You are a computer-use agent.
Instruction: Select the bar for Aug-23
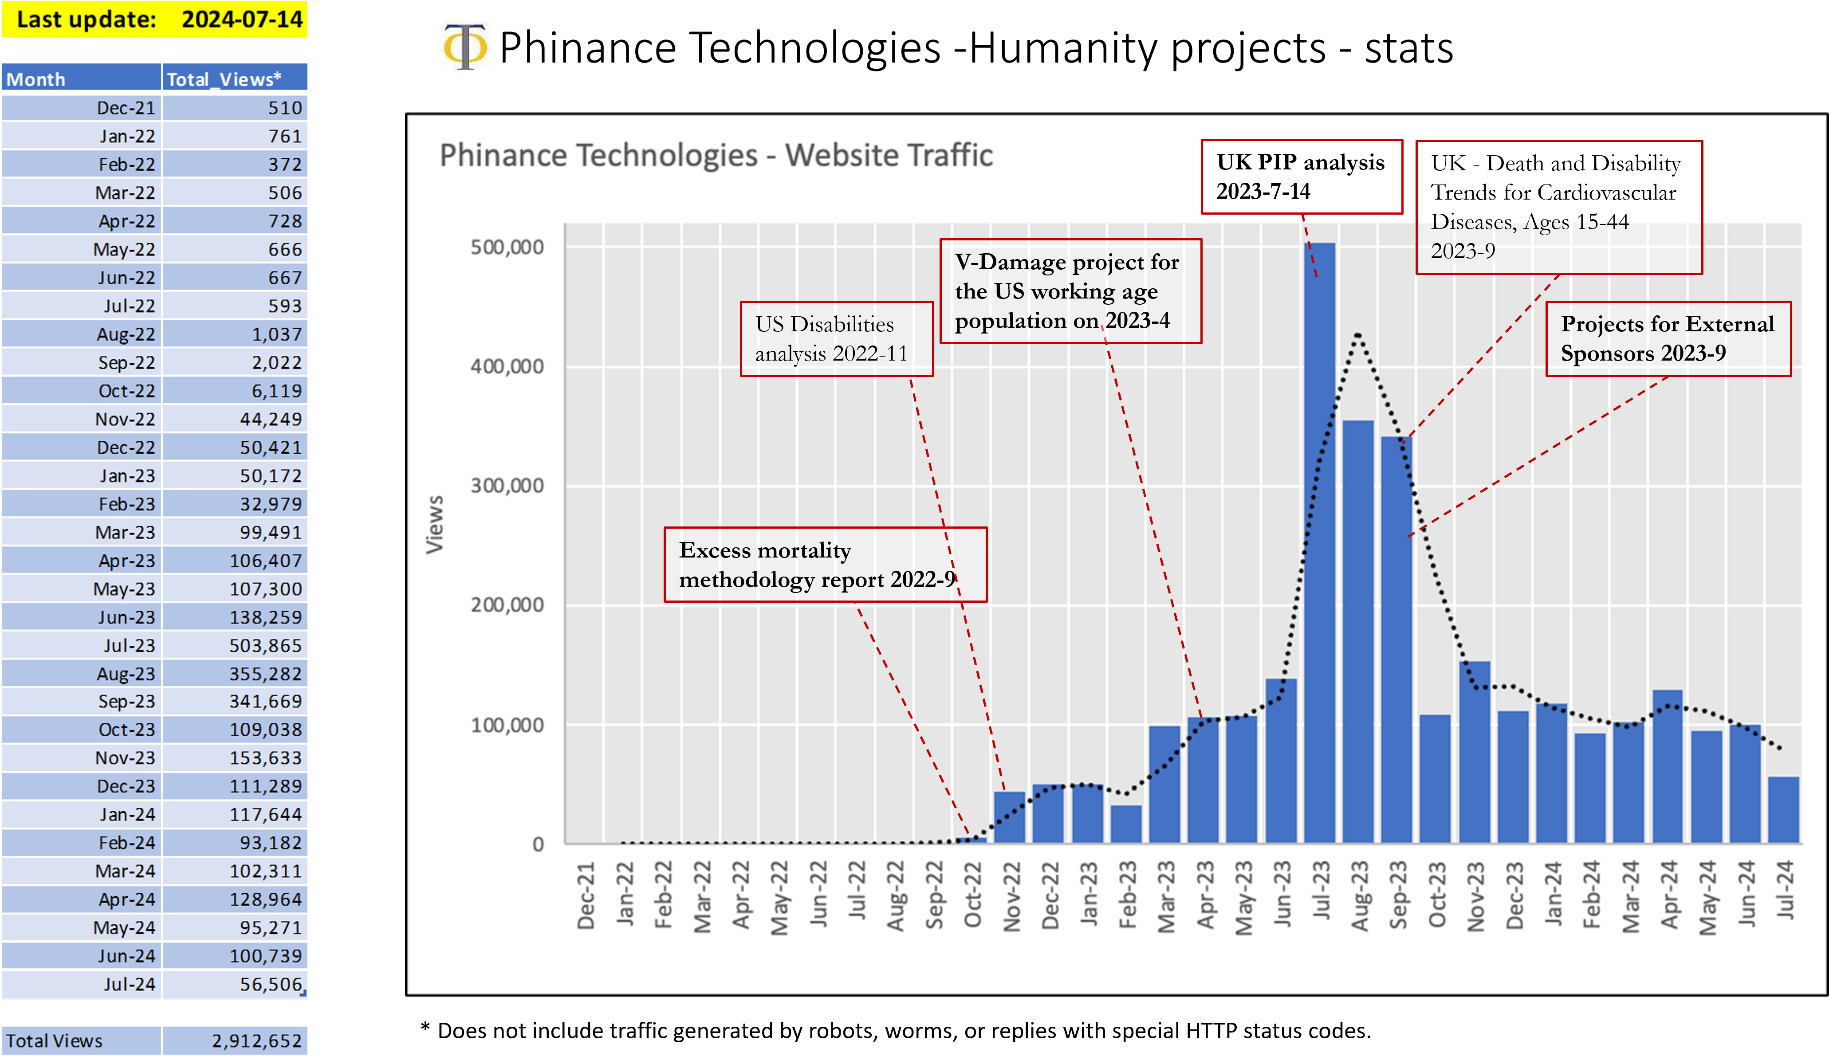1357,631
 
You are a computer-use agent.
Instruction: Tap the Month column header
36,79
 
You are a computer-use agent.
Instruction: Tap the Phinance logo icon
464,49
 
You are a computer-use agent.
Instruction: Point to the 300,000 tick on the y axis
507,485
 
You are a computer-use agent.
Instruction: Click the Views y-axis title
435,525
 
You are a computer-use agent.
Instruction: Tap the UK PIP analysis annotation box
1301,177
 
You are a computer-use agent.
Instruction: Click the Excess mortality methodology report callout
825,565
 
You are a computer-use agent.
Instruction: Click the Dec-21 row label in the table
126,108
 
